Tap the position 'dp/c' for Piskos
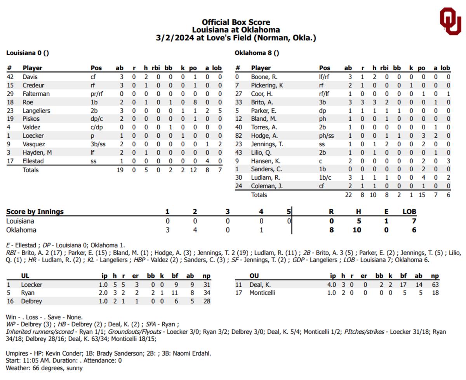pos(96,119)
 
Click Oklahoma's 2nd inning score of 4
pos(195,230)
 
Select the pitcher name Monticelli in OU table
pos(262,293)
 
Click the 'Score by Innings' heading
pos(35,212)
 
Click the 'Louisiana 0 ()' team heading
pos(28,53)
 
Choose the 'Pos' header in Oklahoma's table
pos(324,68)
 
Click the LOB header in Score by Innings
pos(409,212)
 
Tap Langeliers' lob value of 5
pos(220,111)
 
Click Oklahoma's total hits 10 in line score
pos(357,230)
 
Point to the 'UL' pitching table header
pos(25,276)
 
